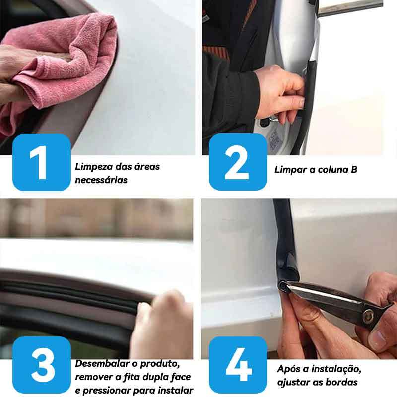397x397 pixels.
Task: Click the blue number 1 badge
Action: pyautogui.click(x=42, y=162)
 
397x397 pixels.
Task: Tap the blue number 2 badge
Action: pyautogui.click(x=238, y=162)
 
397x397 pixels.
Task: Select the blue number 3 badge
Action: pyautogui.click(x=42, y=365)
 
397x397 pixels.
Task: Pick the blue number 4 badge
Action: pyautogui.click(x=238, y=365)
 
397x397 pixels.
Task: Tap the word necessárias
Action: pyautogui.click(x=101, y=180)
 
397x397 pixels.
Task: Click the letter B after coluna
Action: pyautogui.click(x=354, y=169)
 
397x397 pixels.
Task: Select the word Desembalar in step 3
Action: pyautogui.click(x=103, y=364)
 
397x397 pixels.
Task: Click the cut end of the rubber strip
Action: pyautogui.click(x=282, y=286)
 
